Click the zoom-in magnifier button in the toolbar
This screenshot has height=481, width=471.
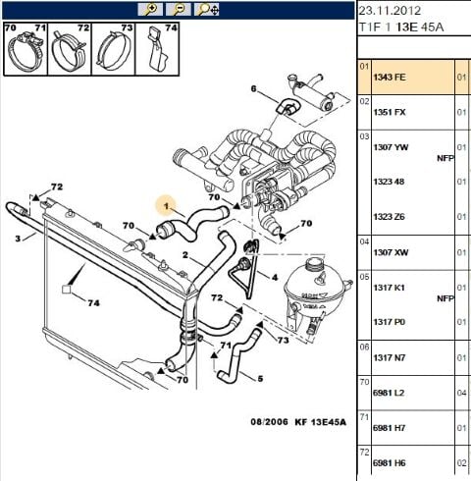pos(150,10)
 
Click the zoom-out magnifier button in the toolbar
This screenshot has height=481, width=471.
pos(179,10)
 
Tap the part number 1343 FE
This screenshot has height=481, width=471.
pos(390,78)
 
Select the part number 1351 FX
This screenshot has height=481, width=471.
pos(390,112)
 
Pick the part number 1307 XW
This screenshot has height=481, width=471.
pos(391,252)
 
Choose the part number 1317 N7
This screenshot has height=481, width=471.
pos(390,357)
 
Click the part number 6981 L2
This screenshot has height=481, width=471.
pos(389,393)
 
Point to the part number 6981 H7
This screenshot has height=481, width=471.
pos(389,428)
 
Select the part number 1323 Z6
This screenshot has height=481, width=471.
pos(389,217)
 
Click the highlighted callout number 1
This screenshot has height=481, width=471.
pos(166,206)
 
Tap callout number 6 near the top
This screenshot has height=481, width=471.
pos(254,88)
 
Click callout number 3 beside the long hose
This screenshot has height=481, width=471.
pos(18,239)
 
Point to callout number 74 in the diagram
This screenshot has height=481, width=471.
pos(93,303)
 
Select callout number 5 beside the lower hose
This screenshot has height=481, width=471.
pos(260,379)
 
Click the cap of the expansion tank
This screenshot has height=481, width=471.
pos(315,263)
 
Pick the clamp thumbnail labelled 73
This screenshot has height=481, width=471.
pos(114,49)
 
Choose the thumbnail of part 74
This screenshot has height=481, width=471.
pos(157,49)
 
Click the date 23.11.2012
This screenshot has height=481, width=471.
pos(390,11)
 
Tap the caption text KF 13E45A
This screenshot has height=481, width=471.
pos(320,422)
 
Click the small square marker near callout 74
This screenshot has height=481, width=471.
pos(67,290)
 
